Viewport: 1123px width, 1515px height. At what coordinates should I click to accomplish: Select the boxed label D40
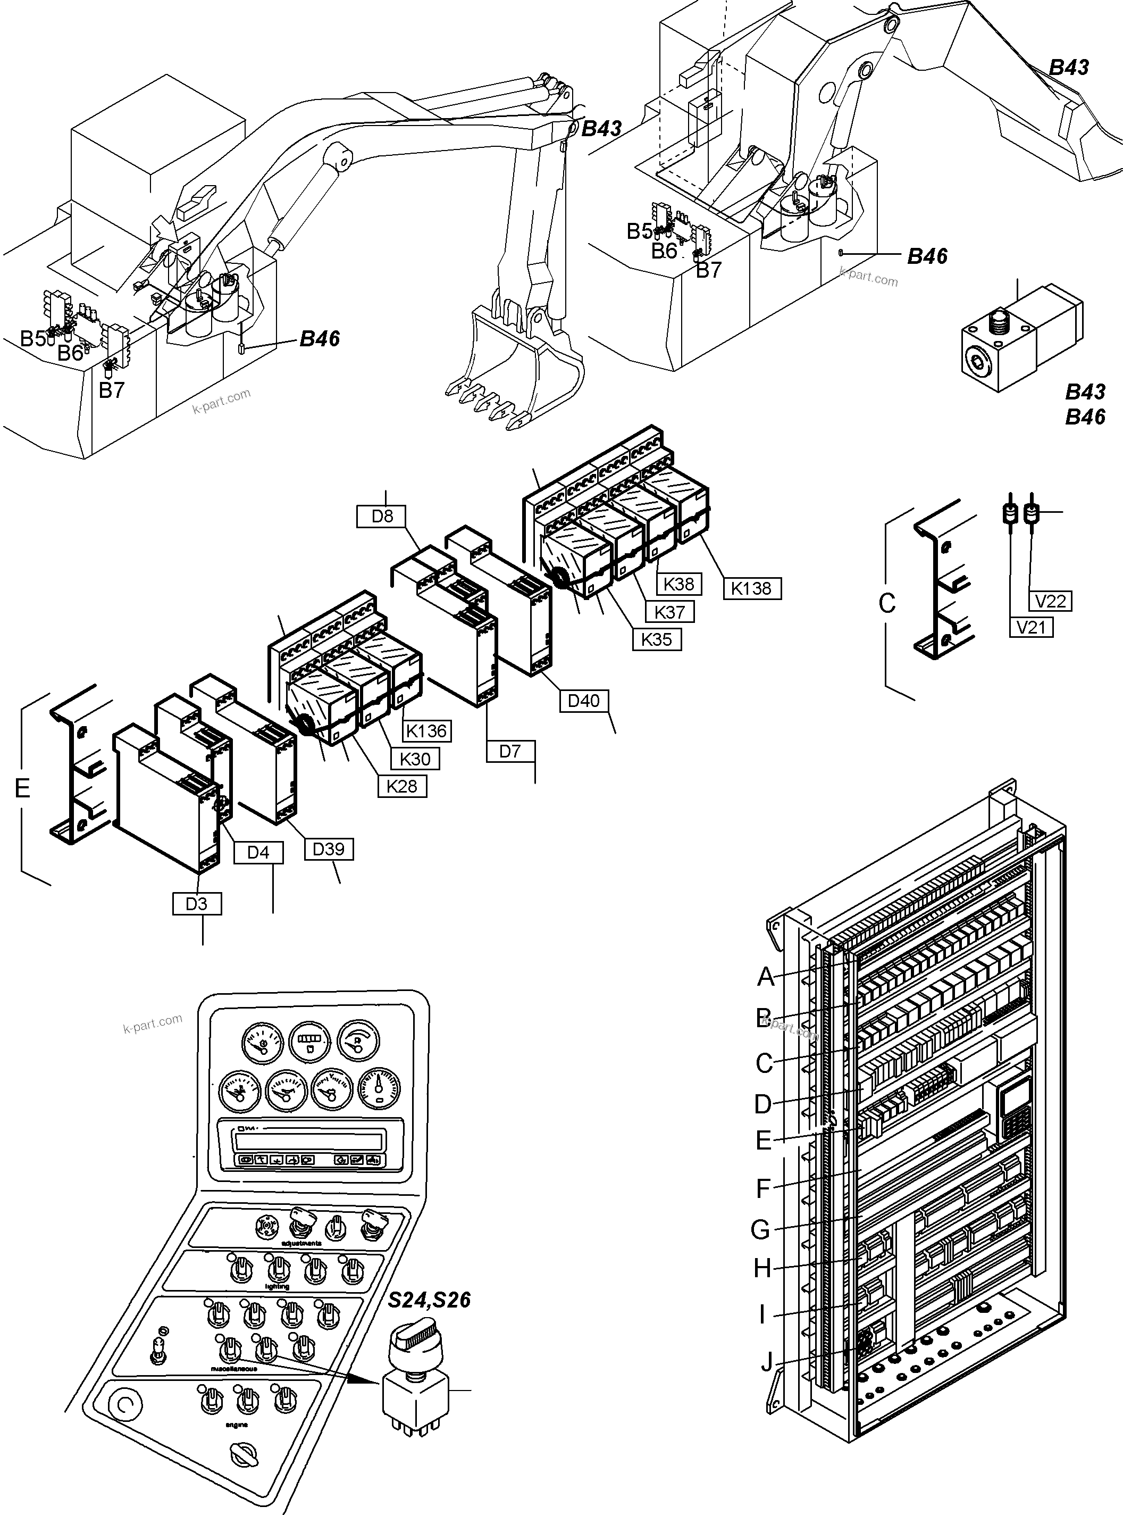pyautogui.click(x=583, y=701)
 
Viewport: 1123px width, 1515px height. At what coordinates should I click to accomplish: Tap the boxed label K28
pyautogui.click(x=402, y=786)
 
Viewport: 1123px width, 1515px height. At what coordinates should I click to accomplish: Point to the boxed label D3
pyautogui.click(x=196, y=904)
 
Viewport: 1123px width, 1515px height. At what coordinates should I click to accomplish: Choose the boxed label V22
pyautogui.click(x=1050, y=601)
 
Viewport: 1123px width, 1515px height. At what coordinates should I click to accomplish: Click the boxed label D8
pyautogui.click(x=382, y=517)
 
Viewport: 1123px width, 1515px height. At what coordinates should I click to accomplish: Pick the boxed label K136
pyautogui.click(x=427, y=731)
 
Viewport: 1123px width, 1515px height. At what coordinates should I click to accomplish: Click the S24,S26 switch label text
pyautogui.click(x=429, y=1300)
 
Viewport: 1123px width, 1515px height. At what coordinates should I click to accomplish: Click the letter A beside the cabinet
pyautogui.click(x=766, y=977)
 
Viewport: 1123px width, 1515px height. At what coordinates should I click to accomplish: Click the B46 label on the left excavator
pyautogui.click(x=320, y=339)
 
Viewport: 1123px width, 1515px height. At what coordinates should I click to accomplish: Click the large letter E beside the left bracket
pyautogui.click(x=22, y=788)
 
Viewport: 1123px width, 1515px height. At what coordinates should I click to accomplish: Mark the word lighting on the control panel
pyautogui.click(x=276, y=1286)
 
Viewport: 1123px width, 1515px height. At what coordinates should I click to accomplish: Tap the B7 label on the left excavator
pyautogui.click(x=112, y=389)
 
